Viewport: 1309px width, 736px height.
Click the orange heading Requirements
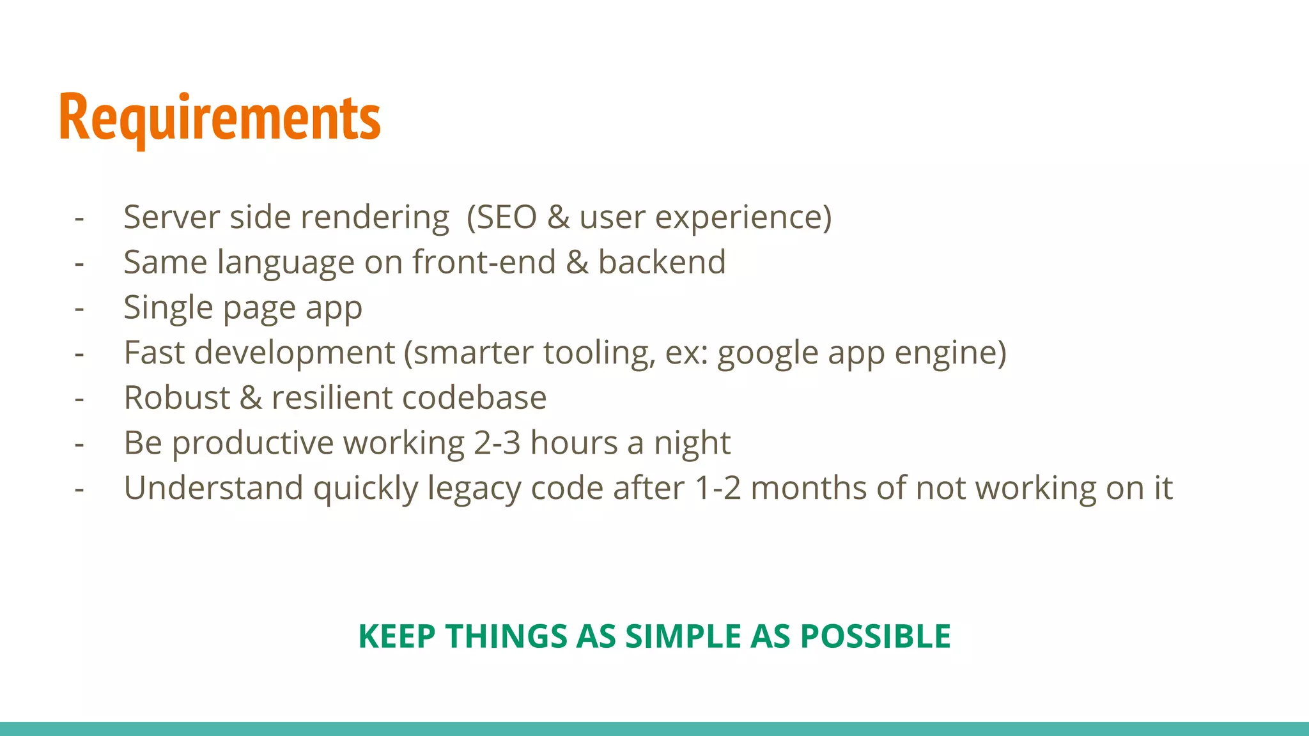click(219, 118)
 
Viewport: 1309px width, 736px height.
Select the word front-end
click(484, 262)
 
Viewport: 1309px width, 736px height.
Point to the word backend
click(662, 262)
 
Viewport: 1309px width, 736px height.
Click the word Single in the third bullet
click(167, 308)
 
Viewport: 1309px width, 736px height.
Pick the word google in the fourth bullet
click(768, 353)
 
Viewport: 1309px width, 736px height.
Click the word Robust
click(176, 397)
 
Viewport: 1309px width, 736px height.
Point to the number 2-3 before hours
click(497, 443)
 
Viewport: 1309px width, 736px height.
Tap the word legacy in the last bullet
click(474, 489)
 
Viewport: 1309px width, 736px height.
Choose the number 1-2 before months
click(717, 488)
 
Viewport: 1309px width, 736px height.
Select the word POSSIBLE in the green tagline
click(875, 636)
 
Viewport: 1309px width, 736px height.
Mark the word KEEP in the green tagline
click(396, 636)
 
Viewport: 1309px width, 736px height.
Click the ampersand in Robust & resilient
click(251, 397)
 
